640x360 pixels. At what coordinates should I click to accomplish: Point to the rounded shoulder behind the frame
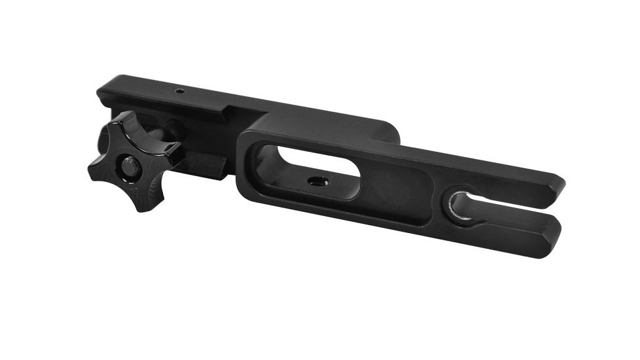point(390,131)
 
